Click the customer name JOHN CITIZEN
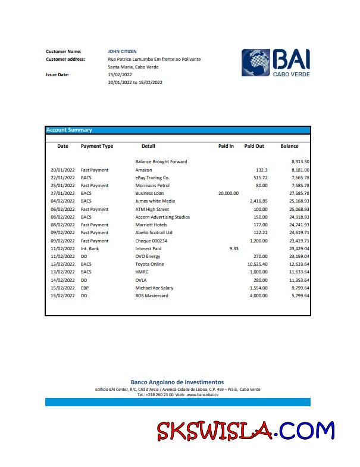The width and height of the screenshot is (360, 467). tap(122, 52)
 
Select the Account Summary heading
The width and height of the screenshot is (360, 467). tap(69, 130)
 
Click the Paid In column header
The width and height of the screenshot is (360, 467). tap(226, 146)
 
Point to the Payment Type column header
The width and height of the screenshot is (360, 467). tap(97, 146)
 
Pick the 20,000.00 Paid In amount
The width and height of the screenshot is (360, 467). tap(228, 193)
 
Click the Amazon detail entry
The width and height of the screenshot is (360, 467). tap(143, 170)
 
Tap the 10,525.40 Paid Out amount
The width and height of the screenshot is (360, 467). tap(257, 264)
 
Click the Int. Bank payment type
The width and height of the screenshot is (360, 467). tap(90, 248)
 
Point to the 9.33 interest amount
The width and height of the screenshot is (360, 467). tap(233, 248)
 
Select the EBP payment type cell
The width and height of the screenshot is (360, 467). tap(86, 288)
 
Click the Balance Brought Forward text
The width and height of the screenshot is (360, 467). tap(161, 161)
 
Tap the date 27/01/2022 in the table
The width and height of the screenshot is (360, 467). tap(62, 193)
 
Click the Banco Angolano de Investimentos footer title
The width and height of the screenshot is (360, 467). tap(177, 382)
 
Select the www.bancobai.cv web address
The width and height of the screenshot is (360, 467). tap(203, 395)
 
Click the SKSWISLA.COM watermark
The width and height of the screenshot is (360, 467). tap(246, 431)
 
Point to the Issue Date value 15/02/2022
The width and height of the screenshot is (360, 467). tap(120, 75)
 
